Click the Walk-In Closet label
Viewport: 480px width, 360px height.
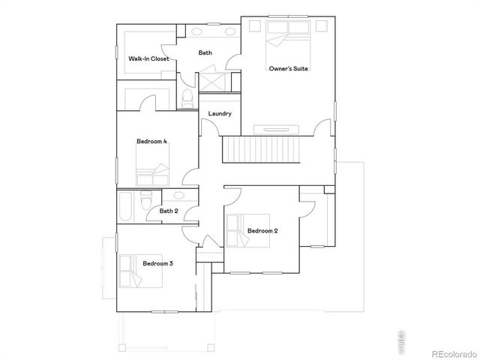pos(148,58)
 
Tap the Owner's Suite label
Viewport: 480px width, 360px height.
pos(289,68)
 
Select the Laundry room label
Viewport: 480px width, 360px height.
pos(220,113)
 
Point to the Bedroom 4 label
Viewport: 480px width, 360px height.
pos(151,141)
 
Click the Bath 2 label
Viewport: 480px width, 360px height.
pos(169,211)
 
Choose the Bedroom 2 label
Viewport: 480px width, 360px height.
pos(262,231)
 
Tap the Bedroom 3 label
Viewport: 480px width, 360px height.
pos(158,263)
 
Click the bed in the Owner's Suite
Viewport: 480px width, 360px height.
pos(288,36)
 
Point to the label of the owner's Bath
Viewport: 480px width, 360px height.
pos(205,52)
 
